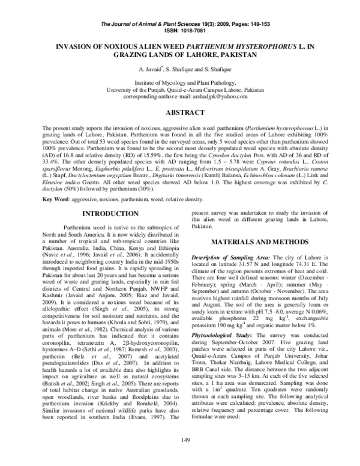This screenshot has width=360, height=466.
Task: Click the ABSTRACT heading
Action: point(180,112)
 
